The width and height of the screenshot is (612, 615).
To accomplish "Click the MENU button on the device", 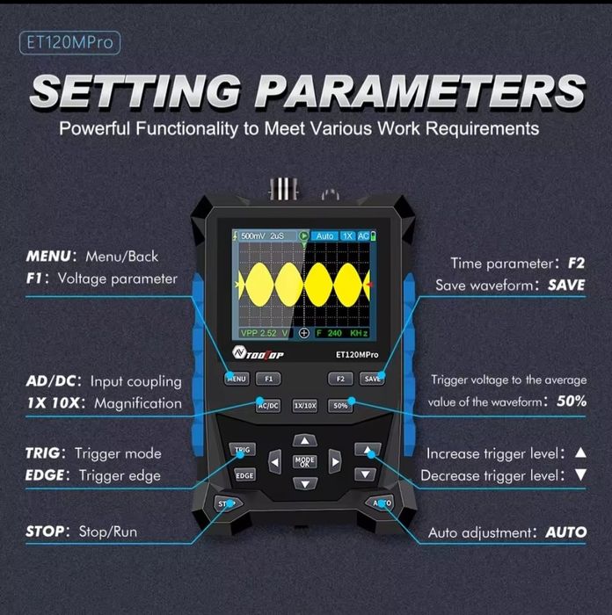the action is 237,379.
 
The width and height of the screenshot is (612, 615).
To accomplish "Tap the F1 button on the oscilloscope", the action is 268,379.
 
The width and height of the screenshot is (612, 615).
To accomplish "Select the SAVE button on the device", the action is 372,379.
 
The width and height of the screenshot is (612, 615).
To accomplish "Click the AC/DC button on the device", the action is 268,406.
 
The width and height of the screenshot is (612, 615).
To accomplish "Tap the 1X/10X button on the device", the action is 304,406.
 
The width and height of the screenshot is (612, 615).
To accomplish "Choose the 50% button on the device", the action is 340,406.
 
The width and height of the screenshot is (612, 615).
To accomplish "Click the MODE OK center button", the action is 304,461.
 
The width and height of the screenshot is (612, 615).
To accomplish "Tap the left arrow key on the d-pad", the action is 275,462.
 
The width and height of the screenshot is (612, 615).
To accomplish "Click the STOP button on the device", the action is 228,503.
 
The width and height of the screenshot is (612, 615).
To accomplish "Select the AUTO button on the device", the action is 380,503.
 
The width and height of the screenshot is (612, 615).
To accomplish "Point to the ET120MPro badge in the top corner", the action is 69,43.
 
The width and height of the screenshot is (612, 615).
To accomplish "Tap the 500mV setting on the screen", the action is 253,235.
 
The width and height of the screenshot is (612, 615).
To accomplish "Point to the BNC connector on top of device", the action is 284,189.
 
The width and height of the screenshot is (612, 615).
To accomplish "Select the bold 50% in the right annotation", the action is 572,402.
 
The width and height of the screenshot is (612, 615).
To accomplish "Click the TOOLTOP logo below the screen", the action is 258,353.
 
